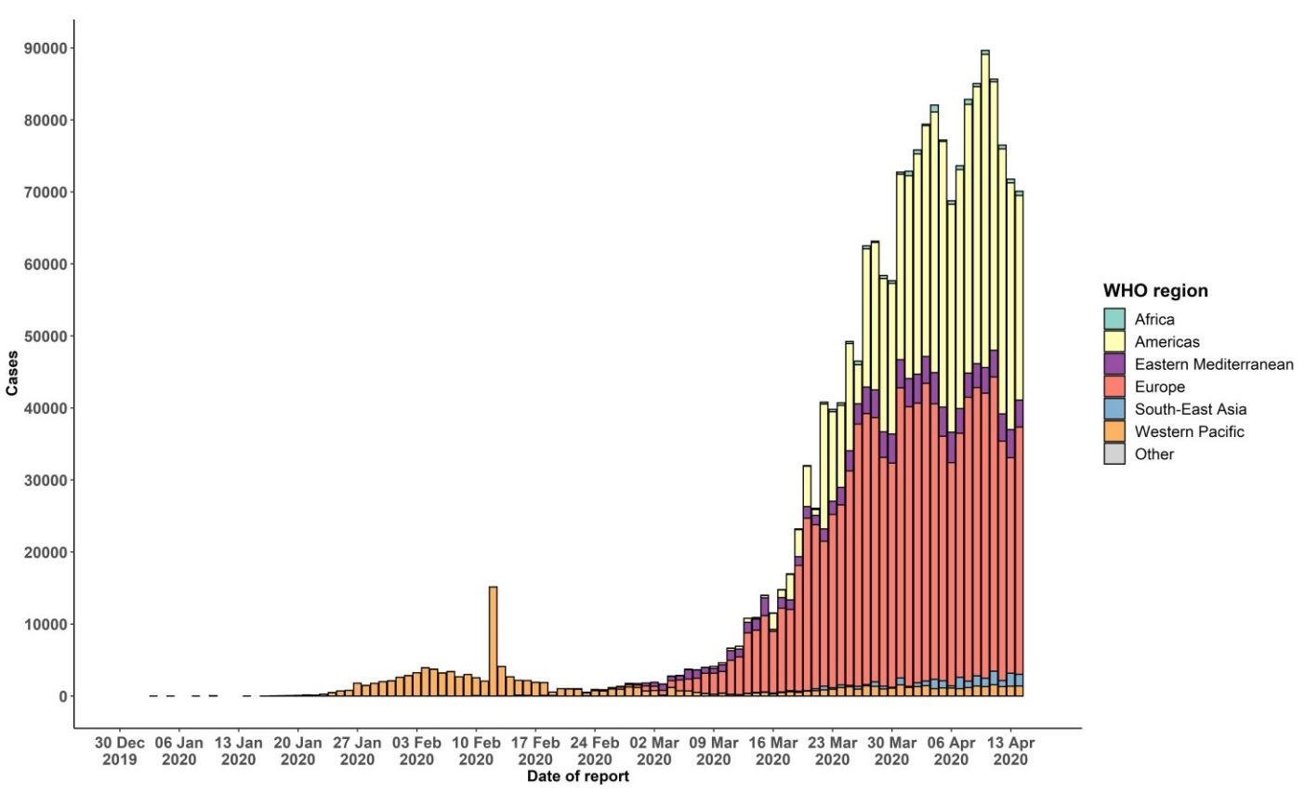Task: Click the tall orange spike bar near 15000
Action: click(493, 641)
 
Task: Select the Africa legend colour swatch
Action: click(1114, 319)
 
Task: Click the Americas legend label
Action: click(1167, 342)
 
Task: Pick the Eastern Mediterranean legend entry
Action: click(1213, 364)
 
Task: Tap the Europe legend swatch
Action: click(1114, 387)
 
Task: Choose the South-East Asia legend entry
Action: click(1190, 409)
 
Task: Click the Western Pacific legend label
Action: click(1189, 431)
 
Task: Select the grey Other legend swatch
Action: click(1114, 454)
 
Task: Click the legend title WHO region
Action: click(1155, 291)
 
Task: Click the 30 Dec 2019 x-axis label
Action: click(120, 751)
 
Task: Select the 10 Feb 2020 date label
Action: click(476, 751)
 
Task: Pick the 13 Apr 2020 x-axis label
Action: click(1010, 751)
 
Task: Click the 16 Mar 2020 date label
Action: click(772, 751)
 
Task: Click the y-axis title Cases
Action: click(12, 373)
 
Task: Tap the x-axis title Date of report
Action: click(577, 776)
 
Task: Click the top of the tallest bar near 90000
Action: click(985, 52)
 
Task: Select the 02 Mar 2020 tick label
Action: click(653, 751)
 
